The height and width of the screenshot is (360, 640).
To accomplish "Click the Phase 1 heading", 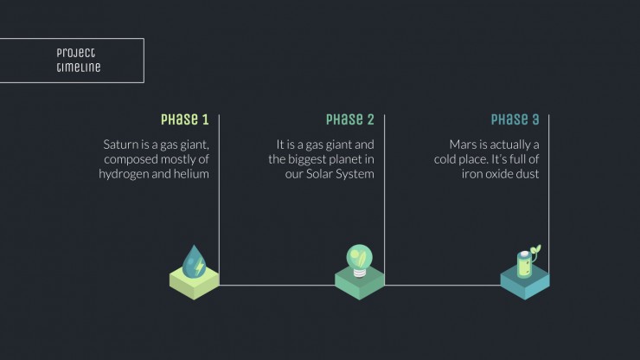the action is point(185,119).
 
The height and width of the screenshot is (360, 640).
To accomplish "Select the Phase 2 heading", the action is point(349,119).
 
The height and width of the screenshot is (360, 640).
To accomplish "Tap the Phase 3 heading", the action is point(515,119).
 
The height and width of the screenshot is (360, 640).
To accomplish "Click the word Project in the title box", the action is point(76,53).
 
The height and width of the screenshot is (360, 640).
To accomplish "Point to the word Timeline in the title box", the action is point(79,67).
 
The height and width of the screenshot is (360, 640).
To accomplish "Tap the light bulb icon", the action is point(359,260).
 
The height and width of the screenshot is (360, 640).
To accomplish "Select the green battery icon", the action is point(524,264).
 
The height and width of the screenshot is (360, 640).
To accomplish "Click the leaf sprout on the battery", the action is point(535,251).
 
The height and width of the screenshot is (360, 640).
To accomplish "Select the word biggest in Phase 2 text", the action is point(312,159).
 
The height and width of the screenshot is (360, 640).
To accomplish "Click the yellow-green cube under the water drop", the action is point(195,283).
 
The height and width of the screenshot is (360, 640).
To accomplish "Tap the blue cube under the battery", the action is point(525,283).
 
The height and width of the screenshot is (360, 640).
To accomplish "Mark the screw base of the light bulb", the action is point(359,273).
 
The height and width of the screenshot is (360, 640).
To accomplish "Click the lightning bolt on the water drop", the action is point(200,267).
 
